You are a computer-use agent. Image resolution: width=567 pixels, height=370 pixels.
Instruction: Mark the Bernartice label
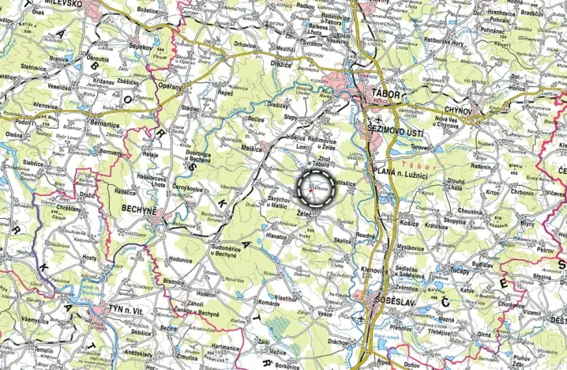tap(105, 125)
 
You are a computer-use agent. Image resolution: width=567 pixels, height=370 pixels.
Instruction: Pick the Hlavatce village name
tap(276, 236)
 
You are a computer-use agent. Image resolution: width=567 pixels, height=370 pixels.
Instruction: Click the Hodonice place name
tap(179, 259)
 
